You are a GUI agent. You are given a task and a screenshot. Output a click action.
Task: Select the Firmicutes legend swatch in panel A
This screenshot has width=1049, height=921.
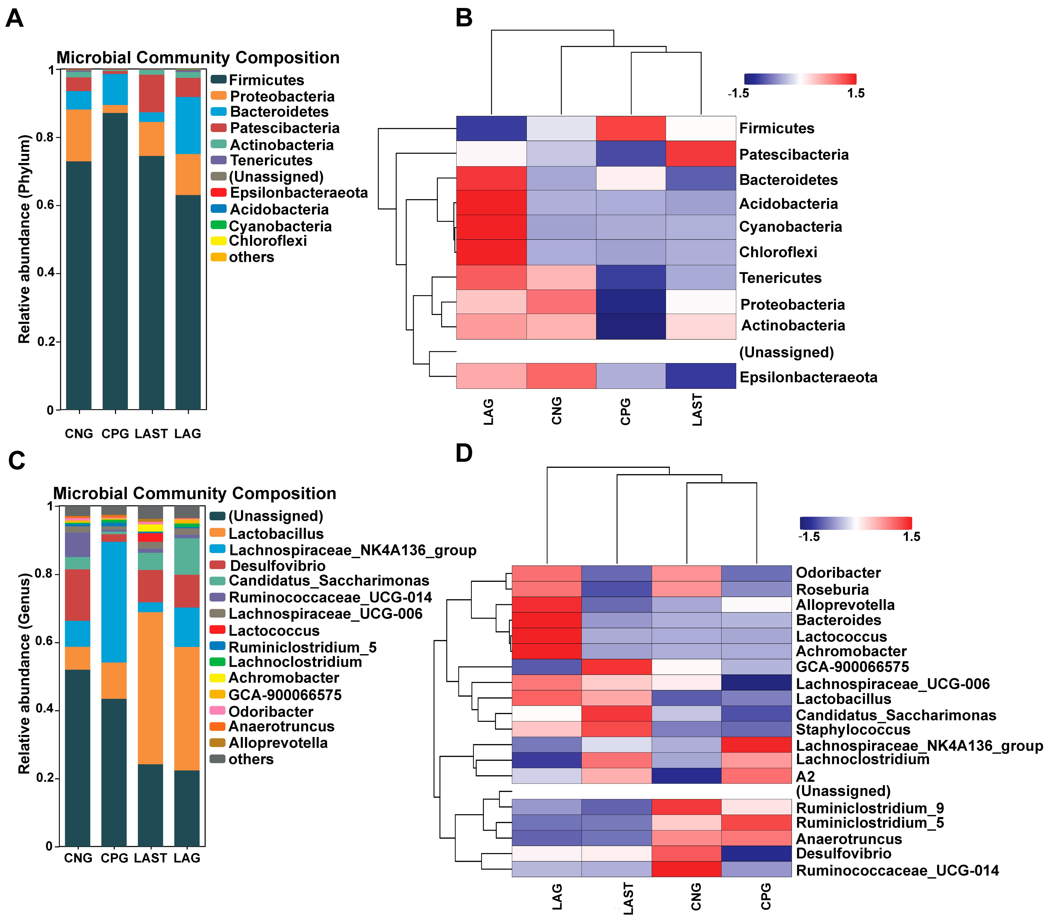click(x=219, y=80)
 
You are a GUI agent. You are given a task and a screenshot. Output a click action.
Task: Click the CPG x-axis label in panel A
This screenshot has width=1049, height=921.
click(x=115, y=434)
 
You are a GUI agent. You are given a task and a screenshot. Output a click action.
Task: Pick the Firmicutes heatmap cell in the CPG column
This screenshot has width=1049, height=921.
click(x=631, y=128)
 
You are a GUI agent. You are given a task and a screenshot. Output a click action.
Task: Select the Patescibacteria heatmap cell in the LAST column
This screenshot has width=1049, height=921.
click(x=700, y=153)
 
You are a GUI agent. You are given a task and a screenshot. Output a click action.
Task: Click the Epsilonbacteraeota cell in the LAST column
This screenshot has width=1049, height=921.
click(x=700, y=376)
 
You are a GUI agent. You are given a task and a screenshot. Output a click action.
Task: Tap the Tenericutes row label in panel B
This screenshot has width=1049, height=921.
click(x=780, y=278)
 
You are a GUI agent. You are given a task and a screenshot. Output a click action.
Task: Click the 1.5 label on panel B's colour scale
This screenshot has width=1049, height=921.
click(x=856, y=93)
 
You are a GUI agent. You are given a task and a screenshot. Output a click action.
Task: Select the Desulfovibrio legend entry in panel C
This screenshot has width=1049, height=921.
click(x=277, y=566)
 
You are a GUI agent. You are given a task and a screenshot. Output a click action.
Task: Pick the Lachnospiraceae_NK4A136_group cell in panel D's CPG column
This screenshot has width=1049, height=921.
click(x=756, y=745)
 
